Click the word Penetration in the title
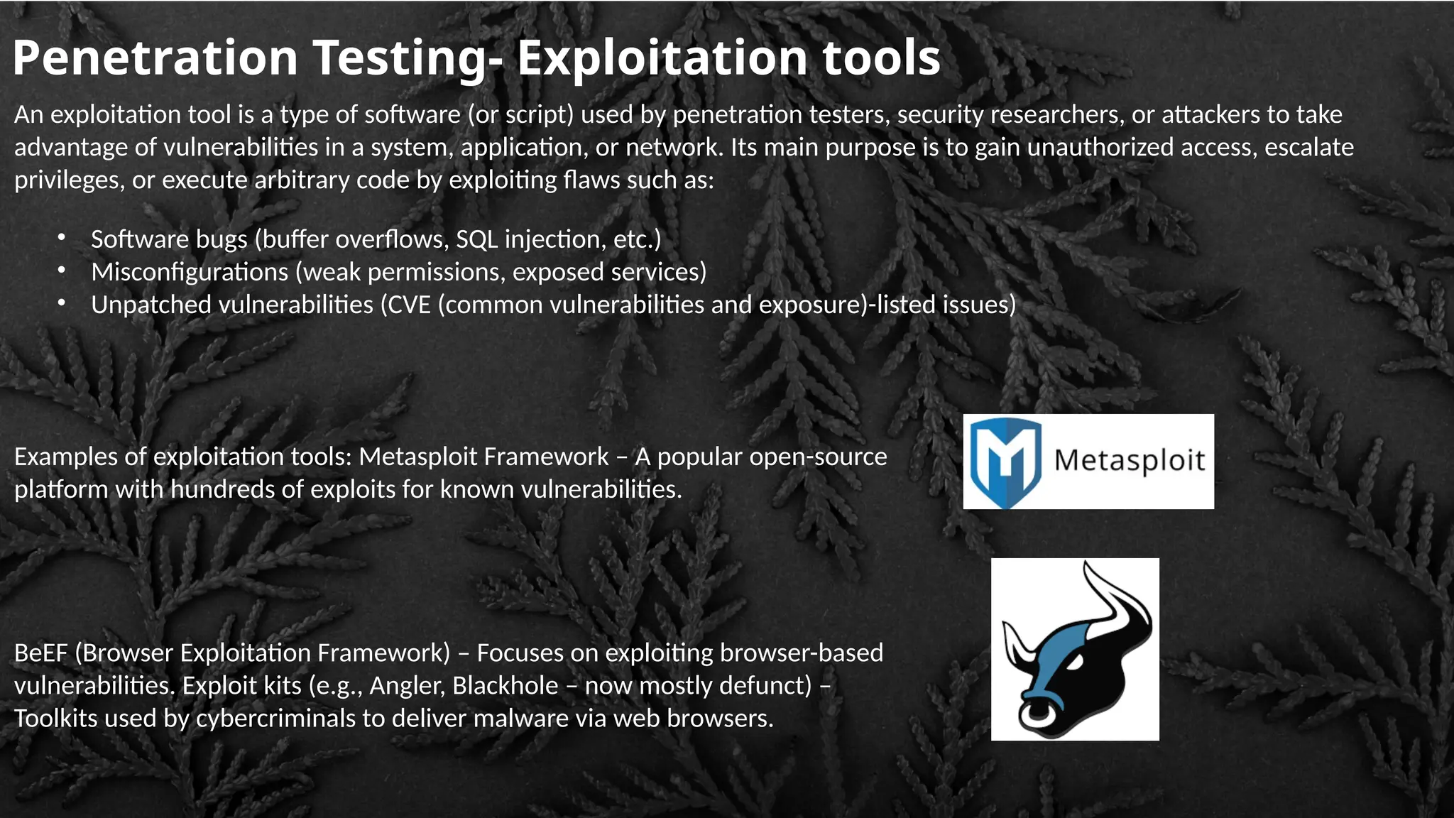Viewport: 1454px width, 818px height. pyautogui.click(x=155, y=58)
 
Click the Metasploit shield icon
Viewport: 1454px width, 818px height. pyautogui.click(x=1005, y=462)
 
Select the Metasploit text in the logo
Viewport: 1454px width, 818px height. pyautogui.click(x=1130, y=461)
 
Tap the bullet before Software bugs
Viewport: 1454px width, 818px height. pyautogui.click(x=62, y=237)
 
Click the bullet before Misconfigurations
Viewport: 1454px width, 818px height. pyautogui.click(x=62, y=270)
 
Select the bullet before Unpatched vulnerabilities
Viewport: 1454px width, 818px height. pyautogui.click(x=62, y=302)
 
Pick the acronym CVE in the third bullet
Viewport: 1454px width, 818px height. pyautogui.click(x=410, y=305)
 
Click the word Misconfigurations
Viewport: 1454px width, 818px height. pyautogui.click(x=190, y=272)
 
